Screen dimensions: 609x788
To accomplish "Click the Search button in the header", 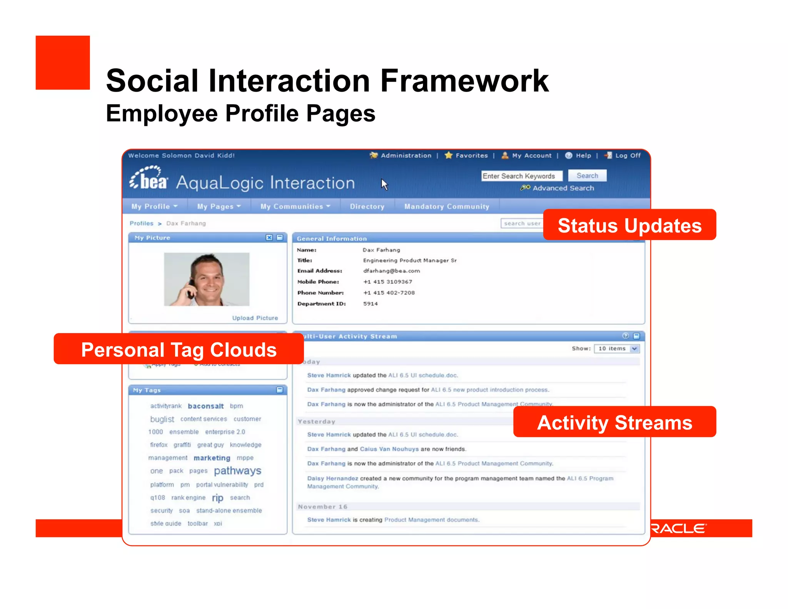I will coord(587,176).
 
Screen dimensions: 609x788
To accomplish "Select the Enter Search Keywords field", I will coord(521,176).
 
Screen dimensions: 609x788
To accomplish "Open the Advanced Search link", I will coord(563,188).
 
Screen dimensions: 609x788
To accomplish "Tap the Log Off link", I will coord(628,156).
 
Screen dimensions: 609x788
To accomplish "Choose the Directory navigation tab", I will coord(367,207).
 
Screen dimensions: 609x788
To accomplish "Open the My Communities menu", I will coord(295,207).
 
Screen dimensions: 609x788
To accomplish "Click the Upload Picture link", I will coord(255,318).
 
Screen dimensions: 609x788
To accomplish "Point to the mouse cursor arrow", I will coord(384,184).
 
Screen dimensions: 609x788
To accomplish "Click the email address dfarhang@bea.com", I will coord(391,271).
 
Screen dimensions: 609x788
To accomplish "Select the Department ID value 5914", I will coord(370,304).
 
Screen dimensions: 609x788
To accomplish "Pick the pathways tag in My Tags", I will coord(237,471).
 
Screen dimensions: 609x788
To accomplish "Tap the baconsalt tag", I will coord(205,406).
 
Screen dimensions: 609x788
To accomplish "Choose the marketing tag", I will coord(212,458).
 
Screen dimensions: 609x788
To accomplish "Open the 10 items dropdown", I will coord(616,349).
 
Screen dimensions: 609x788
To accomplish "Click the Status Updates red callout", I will coord(629,225).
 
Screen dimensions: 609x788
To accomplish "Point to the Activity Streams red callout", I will coord(614,422).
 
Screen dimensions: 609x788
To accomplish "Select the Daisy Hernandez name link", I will coord(332,478).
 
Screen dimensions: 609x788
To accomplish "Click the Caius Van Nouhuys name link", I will coord(389,449).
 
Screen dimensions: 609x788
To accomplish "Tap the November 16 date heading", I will coord(322,507).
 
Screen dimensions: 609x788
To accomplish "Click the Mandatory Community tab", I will coord(446,207).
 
